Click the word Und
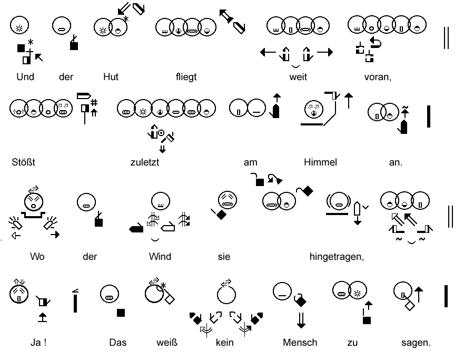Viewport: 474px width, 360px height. click(25, 77)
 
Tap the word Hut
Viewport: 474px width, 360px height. click(111, 77)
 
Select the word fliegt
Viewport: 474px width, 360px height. click(186, 77)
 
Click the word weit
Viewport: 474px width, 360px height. click(298, 77)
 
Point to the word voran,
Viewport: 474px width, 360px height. click(378, 77)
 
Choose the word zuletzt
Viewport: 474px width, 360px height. click(144, 162)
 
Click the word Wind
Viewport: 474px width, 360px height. click(160, 257)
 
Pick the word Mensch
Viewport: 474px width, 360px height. click(300, 343)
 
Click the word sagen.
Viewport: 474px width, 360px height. click(416, 343)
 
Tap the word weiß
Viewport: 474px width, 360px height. click(167, 343)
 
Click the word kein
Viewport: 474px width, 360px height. click(224, 343)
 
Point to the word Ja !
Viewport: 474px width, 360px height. click(38, 343)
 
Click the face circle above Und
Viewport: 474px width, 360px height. click(19, 25)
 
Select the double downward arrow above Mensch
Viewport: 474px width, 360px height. click(301, 319)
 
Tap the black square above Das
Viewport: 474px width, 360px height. click(121, 313)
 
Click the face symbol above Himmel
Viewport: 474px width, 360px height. click(314, 110)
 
